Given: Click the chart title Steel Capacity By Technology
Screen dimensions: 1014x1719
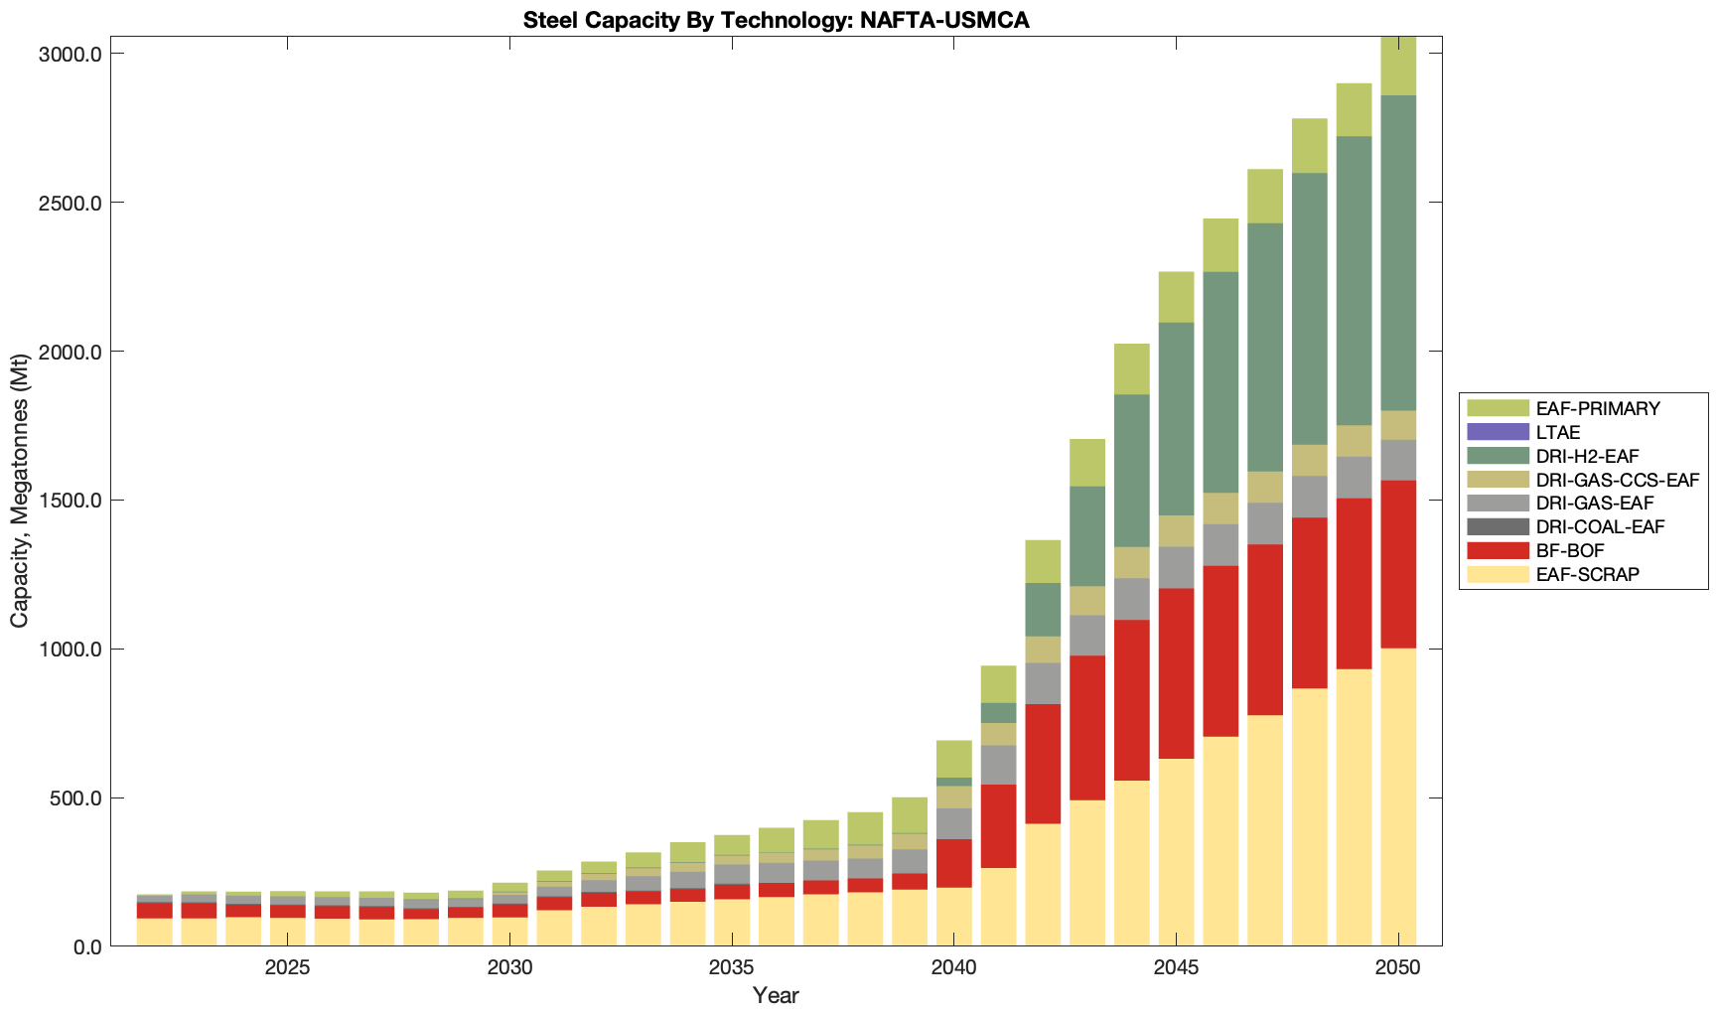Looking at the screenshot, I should [x=776, y=20].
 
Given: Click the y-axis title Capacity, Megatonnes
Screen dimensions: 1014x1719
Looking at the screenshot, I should [x=20, y=492].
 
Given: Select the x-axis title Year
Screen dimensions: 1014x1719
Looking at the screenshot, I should [x=776, y=995].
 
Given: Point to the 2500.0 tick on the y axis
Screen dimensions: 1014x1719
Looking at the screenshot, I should [x=71, y=203].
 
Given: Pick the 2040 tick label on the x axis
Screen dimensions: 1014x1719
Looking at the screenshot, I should [x=954, y=968].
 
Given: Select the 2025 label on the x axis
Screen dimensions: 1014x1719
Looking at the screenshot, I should [x=287, y=968].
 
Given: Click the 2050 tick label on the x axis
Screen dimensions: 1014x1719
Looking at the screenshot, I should [x=1398, y=968].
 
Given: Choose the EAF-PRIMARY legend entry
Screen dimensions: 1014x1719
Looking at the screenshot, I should [x=1597, y=408].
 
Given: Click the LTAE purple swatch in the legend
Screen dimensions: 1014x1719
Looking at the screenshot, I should [x=1498, y=432].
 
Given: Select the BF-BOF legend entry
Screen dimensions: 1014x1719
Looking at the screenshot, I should [x=1569, y=551].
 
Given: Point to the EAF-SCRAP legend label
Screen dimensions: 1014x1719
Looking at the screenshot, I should [x=1587, y=574].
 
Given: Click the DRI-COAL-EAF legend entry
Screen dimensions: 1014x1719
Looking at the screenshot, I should [x=1600, y=527].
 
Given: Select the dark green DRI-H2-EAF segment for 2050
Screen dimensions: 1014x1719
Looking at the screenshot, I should [x=1398, y=253].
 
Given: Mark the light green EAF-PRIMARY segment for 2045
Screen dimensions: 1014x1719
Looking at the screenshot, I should [x=1177, y=297].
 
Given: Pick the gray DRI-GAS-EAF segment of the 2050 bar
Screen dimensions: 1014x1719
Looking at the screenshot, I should [x=1398, y=460].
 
